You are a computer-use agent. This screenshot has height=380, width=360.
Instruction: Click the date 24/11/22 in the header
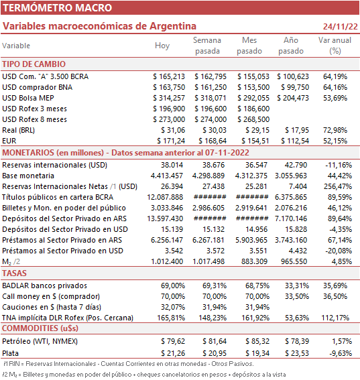[340, 26]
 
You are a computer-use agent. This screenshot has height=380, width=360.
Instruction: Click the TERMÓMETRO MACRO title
[58, 8]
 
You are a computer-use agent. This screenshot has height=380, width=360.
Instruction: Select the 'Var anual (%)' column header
[335, 46]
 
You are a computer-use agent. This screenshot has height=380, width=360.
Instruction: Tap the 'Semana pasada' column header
[207, 46]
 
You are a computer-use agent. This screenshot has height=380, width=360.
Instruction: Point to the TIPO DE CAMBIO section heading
[34, 64]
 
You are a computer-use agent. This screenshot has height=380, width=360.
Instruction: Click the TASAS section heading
[14, 273]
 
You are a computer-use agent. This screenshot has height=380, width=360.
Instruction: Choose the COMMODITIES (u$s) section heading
[40, 328]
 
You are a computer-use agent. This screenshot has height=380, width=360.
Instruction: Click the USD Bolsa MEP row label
[28, 98]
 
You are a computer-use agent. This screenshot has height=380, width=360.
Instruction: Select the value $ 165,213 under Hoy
[169, 76]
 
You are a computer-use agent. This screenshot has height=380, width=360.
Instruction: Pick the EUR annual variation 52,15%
[335, 141]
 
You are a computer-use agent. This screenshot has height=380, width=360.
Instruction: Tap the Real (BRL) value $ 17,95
[297, 130]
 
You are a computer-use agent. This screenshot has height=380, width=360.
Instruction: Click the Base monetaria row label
[28, 176]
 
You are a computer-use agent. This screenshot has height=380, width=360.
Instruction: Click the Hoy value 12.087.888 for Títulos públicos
[165, 197]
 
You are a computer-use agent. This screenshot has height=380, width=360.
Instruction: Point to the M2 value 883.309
[254, 261]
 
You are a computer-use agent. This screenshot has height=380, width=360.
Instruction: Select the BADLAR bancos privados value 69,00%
[173, 286]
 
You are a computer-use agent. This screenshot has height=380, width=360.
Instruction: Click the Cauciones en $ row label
[52, 307]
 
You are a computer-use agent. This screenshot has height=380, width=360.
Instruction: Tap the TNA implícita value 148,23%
[213, 318]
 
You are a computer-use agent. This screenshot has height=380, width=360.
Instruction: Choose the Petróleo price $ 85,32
[257, 341]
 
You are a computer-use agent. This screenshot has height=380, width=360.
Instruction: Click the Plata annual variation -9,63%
[341, 353]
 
